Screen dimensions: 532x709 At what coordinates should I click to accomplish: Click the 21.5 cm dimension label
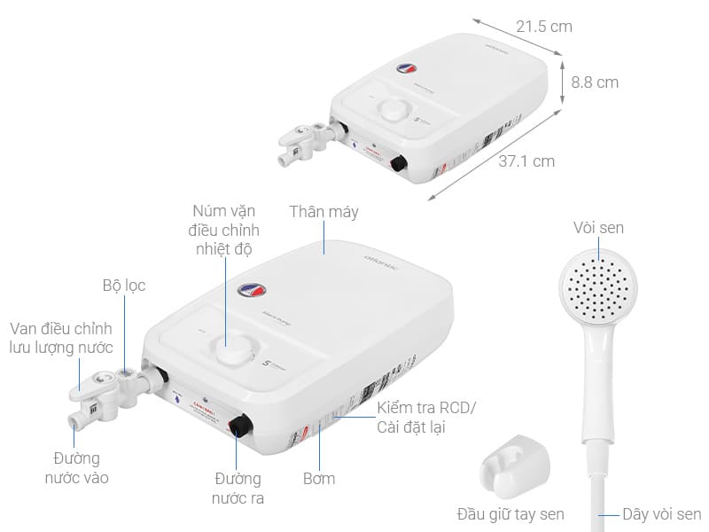pos(544,26)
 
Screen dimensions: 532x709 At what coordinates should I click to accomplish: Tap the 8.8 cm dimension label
pos(595,82)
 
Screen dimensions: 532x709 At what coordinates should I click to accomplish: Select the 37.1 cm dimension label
pos(526,161)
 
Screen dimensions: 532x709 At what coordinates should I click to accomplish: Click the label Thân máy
pos(323,212)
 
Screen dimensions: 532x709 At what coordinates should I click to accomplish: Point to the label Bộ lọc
pos(123,286)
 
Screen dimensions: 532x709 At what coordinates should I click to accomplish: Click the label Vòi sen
pos(598,228)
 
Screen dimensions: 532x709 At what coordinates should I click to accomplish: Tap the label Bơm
pos(318,478)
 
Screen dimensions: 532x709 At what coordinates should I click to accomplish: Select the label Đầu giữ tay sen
pos(510,513)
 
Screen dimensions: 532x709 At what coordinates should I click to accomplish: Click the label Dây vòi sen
pos(661,513)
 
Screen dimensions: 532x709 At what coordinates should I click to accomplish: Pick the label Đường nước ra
pos(238,489)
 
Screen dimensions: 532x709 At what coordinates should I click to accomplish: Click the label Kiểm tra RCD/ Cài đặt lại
pos(426,417)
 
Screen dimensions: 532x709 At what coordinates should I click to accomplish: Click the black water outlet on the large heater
pos(238,426)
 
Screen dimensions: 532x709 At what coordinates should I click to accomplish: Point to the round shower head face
pos(597,288)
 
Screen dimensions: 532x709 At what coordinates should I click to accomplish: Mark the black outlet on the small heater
pos(398,164)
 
